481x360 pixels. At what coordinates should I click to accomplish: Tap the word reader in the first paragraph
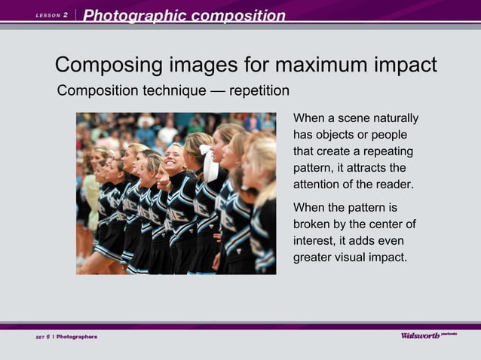click(395, 185)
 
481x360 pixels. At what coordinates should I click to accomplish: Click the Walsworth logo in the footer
click(421, 335)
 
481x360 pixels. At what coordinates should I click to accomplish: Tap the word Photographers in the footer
click(78, 336)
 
